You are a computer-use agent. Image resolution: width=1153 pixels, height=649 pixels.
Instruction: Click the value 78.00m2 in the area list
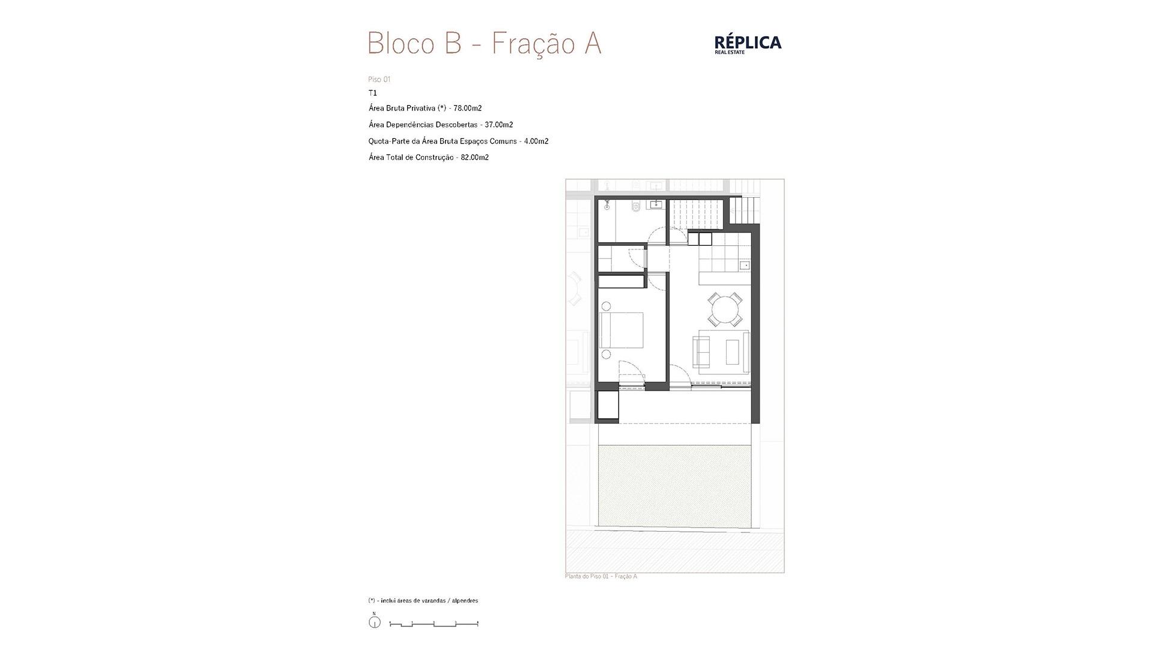click(467, 108)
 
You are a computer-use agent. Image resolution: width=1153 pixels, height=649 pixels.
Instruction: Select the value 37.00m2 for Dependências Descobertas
click(498, 125)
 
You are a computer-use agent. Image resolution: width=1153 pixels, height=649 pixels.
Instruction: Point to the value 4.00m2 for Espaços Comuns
click(536, 141)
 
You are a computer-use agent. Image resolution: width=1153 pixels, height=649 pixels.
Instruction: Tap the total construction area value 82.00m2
click(474, 157)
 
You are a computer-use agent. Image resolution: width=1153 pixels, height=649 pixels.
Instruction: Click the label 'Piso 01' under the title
click(380, 79)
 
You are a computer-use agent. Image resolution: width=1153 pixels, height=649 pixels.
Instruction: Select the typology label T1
click(373, 93)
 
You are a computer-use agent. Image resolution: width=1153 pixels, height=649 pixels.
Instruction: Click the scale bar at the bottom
click(434, 624)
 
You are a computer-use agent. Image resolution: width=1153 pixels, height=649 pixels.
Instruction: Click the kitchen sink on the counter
click(745, 265)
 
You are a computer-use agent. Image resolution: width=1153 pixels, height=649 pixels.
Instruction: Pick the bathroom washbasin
click(655, 205)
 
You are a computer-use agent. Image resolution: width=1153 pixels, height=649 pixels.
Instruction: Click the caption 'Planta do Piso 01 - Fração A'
click(601, 577)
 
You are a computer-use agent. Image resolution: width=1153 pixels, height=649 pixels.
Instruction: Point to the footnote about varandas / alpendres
click(423, 601)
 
